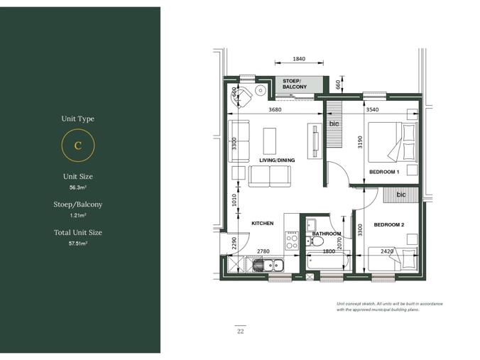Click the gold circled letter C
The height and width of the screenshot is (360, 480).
(78, 145)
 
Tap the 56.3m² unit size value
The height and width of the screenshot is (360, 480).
(78, 187)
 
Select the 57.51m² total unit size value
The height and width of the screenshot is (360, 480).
(78, 244)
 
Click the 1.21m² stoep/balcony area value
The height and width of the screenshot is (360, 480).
(78, 215)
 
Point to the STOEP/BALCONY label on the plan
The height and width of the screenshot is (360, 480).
(295, 84)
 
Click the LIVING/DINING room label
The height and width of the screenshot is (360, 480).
(277, 160)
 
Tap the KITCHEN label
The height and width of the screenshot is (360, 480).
(262, 223)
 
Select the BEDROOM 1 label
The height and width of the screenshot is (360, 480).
(384, 172)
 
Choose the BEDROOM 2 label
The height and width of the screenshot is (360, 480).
(389, 224)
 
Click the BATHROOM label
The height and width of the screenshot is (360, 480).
(327, 234)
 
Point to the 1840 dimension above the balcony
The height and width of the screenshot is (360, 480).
(299, 59)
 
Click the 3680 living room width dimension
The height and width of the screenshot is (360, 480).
(275, 109)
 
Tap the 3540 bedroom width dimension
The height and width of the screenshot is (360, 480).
(372, 109)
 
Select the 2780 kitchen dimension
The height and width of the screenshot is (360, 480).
(263, 251)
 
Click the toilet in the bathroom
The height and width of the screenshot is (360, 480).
(315, 242)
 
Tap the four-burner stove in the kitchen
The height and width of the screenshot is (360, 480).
(292, 241)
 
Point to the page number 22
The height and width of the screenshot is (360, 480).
(240, 331)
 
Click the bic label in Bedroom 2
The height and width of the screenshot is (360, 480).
(401, 195)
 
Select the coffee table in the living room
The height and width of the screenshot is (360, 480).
(270, 141)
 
